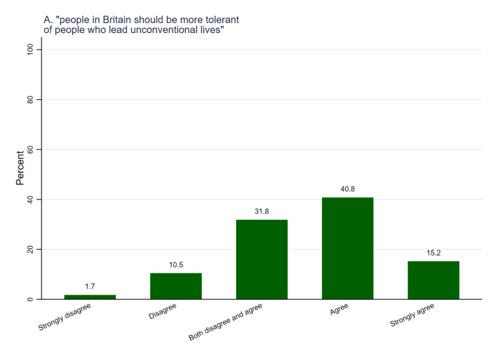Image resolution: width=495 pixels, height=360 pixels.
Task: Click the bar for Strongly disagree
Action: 90,297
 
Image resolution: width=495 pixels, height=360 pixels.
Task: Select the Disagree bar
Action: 176,286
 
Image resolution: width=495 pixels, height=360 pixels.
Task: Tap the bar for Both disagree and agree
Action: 261,260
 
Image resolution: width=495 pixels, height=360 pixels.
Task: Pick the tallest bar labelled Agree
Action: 347,248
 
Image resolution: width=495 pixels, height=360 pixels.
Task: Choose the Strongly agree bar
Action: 433,280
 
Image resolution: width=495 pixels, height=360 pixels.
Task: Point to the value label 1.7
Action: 90,286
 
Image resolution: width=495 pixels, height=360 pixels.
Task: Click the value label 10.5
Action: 176,264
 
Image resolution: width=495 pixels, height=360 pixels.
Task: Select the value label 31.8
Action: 261,211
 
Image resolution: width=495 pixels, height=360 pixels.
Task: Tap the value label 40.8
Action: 347,189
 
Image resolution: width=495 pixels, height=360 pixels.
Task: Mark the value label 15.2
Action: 433,252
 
